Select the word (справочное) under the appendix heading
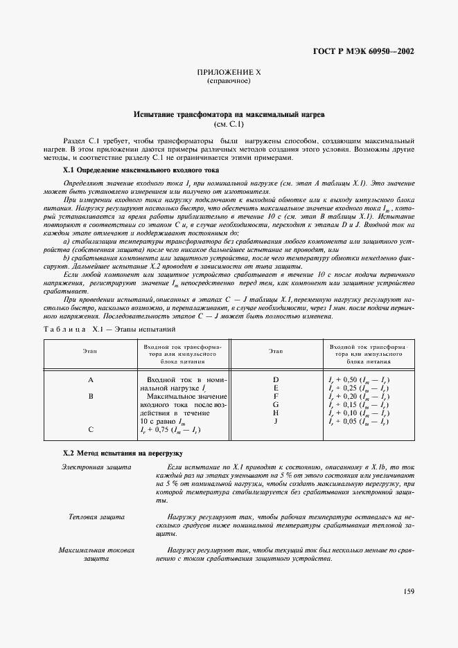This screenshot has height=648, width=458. [229, 81]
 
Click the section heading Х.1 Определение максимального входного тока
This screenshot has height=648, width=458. [141, 169]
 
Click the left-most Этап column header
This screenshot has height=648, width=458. [90, 352]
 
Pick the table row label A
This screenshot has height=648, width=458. [90, 380]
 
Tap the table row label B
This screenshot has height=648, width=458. [90, 396]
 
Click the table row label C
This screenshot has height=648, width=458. [90, 429]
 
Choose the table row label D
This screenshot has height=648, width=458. [275, 380]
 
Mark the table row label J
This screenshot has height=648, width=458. [275, 421]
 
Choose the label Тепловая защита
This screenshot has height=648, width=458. [97, 516]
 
